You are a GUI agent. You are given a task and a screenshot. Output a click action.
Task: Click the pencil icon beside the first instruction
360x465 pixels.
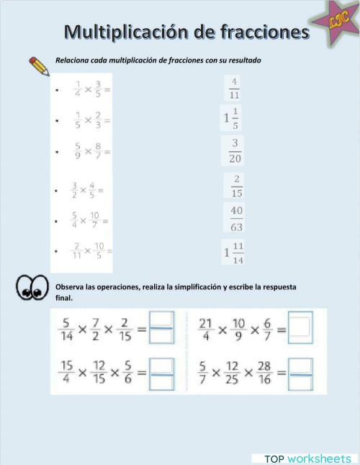pos(39,66)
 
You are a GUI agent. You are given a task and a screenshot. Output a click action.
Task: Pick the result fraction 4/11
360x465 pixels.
pos(235,87)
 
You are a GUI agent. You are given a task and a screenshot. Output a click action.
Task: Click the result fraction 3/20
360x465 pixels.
pos(235,150)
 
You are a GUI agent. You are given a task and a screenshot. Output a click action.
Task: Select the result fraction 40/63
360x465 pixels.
pos(236,218)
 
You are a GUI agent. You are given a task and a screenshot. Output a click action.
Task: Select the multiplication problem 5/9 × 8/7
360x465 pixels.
pos(91,152)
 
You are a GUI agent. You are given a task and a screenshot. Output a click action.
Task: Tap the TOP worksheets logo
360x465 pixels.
pos(305,458)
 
